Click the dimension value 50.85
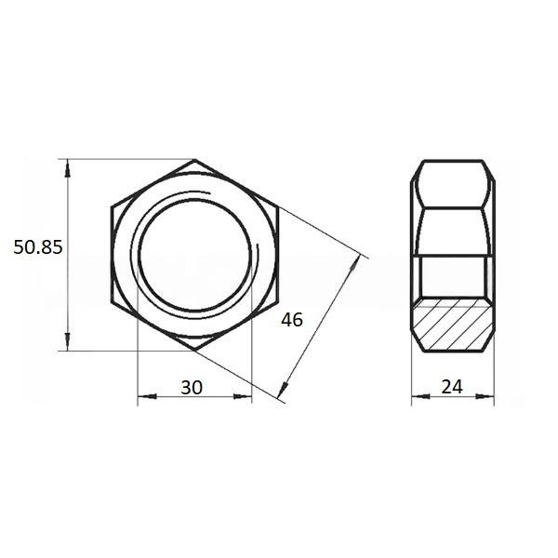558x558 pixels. [38, 247]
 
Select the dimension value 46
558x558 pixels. [292, 320]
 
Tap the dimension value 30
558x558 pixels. [192, 388]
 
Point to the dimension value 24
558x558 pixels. [452, 387]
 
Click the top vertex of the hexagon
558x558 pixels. [194, 160]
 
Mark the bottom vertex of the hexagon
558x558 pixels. [194, 351]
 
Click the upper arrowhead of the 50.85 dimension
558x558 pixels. [68, 168]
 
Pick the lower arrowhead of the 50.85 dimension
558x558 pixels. [68, 342]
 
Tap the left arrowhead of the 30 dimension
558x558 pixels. [147, 396]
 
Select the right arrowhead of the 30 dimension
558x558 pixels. [243, 396]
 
